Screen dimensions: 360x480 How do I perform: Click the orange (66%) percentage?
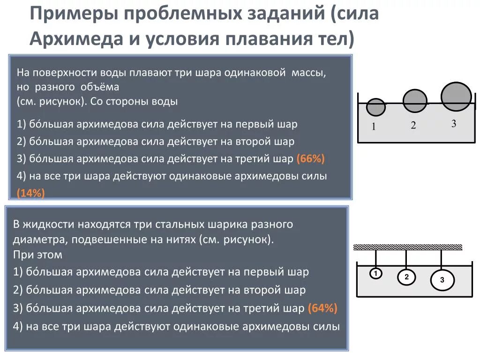(x=310, y=159)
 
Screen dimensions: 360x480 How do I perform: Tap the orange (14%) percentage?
(x=31, y=193)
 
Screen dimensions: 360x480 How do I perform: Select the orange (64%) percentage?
(x=322, y=308)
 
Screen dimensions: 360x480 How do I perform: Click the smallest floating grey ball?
(x=375, y=107)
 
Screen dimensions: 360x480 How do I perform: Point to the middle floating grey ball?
(x=415, y=101)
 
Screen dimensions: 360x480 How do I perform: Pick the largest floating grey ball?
(x=456, y=97)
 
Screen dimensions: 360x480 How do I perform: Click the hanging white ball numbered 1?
(x=375, y=274)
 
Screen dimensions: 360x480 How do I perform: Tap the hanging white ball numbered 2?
(x=406, y=277)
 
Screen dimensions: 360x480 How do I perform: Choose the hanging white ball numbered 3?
(x=442, y=280)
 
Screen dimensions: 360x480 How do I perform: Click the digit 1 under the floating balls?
(x=374, y=127)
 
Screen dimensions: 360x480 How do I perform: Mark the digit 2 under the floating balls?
(x=413, y=125)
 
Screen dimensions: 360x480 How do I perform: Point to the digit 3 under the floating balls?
(x=454, y=124)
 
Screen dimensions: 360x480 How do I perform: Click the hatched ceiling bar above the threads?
(x=407, y=247)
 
